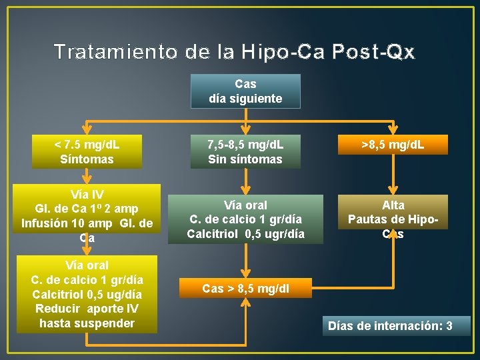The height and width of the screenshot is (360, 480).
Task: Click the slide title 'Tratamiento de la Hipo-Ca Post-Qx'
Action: pyautogui.click(x=235, y=51)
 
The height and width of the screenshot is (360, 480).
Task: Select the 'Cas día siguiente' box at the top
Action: pyautogui.click(x=245, y=91)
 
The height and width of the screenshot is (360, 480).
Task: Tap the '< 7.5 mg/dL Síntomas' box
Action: pyautogui.click(x=87, y=151)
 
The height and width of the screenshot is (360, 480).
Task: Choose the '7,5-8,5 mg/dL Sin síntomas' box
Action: pyautogui.click(x=245, y=151)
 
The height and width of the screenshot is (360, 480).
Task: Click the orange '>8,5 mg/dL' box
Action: pyautogui.click(x=393, y=144)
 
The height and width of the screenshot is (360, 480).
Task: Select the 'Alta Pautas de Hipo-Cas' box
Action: pyautogui.click(x=393, y=219)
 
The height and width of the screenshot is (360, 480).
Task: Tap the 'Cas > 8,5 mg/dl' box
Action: pyautogui.click(x=246, y=289)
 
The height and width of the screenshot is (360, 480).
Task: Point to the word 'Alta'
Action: pyautogui.click(x=393, y=205)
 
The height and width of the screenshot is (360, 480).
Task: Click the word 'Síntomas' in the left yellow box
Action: pyautogui.click(x=87, y=159)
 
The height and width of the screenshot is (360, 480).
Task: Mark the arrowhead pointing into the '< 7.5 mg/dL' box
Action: pyautogui.click(x=87, y=131)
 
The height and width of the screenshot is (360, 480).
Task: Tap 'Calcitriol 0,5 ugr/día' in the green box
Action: pyautogui.click(x=245, y=234)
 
